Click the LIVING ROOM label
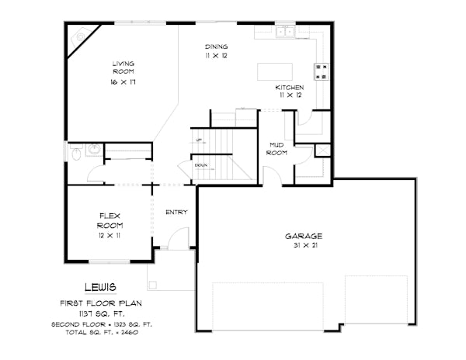[x=123, y=67]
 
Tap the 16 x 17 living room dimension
[x=123, y=81]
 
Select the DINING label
[x=216, y=46]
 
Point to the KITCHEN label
[x=289, y=88]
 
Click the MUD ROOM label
[x=277, y=148]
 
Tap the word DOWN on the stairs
[x=200, y=165]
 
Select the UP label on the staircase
[x=200, y=140]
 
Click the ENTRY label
[x=176, y=212]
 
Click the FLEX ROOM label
[x=110, y=220]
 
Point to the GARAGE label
[x=303, y=236]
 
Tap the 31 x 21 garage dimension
[x=303, y=246]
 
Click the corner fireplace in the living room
[x=81, y=40]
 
